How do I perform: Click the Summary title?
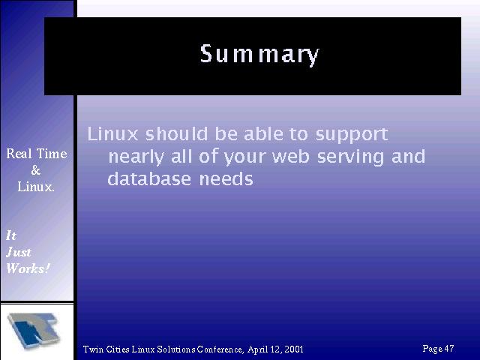pos(259,55)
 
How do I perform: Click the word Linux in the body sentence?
pos(112,134)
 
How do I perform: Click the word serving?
pos(350,157)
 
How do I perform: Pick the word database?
pos(149,178)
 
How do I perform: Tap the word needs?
pos(226,178)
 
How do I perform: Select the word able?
pos(263,134)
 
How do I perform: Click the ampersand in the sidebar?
pos(36,170)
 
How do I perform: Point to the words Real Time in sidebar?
pos(37,153)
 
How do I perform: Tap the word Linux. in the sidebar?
pos(36,187)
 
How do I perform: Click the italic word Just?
pos(18,252)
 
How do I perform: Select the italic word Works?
pos(28,268)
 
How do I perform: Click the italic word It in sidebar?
pos(11,235)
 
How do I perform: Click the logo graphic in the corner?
pos(33,331)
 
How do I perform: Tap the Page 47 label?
pos(438,348)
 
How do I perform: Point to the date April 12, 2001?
pos(275,349)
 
